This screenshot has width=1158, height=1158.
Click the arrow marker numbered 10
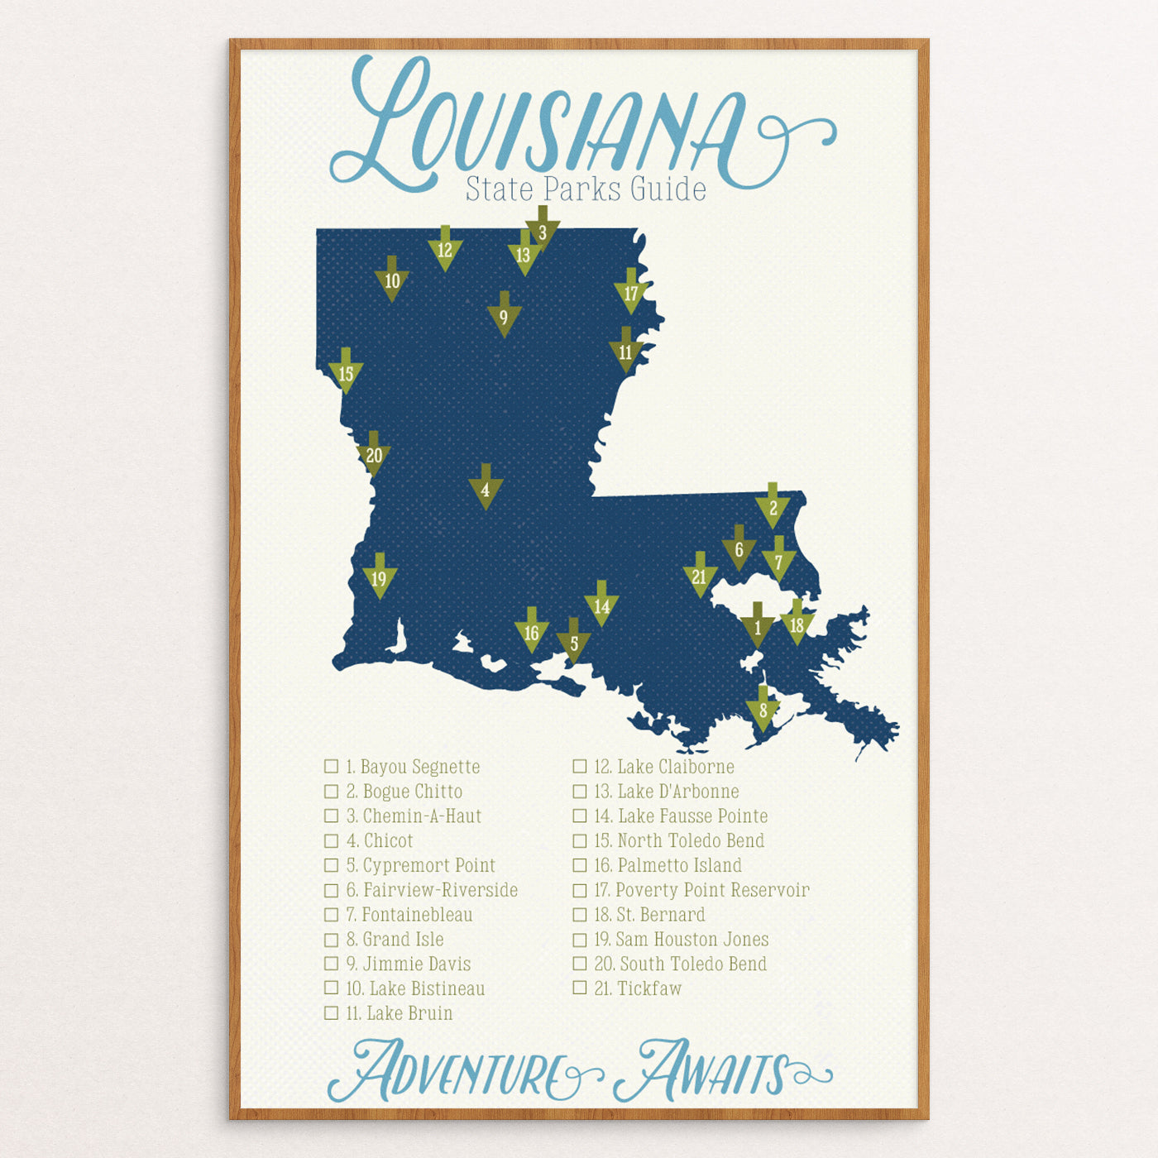click(392, 280)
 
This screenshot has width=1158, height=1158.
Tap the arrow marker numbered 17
click(631, 293)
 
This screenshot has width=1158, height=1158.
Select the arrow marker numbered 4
click(486, 489)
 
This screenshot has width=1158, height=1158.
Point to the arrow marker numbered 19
click(380, 577)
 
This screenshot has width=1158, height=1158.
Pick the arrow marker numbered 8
click(763, 709)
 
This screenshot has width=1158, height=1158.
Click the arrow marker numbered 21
click(700, 576)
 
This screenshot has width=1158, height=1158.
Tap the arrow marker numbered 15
click(346, 372)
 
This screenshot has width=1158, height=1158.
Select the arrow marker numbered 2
click(773, 507)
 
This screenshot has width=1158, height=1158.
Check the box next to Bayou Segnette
click(332, 767)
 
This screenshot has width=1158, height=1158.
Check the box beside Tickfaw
click(580, 988)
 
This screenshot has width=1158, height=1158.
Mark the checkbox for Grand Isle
click(332, 940)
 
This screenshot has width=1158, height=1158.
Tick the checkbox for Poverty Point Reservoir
click(580, 890)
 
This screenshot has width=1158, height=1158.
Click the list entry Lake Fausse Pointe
click(681, 816)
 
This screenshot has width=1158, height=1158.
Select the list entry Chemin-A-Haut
click(414, 816)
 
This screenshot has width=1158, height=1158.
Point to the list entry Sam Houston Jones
click(682, 940)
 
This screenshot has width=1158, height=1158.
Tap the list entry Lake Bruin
click(400, 1013)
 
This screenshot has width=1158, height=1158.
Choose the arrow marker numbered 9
click(504, 316)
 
